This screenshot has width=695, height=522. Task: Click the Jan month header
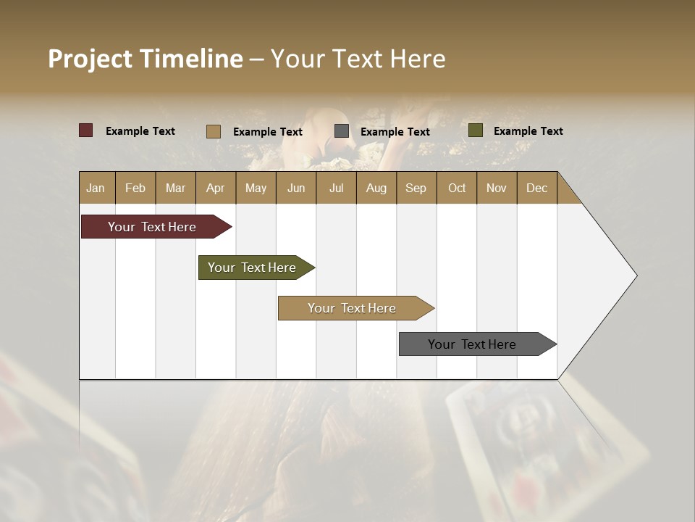click(96, 188)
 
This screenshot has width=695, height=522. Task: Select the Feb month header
click(135, 188)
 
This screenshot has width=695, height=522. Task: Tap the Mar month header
click(175, 188)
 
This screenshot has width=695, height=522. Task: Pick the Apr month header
click(216, 188)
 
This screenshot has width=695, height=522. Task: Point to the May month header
click(256, 188)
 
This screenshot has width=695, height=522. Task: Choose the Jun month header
click(296, 188)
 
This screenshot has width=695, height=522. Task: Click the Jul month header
click(336, 188)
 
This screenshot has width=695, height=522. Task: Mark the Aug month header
click(376, 188)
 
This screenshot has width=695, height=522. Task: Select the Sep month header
click(416, 188)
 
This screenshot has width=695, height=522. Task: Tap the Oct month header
click(457, 188)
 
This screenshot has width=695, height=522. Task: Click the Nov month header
click(497, 188)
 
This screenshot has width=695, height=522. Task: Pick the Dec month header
click(537, 188)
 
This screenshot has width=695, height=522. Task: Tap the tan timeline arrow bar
click(353, 308)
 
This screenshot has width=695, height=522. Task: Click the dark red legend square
click(86, 130)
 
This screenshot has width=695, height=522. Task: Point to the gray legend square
click(342, 131)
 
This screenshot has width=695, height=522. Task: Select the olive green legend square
click(476, 130)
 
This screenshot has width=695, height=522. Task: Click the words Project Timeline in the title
click(146, 59)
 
